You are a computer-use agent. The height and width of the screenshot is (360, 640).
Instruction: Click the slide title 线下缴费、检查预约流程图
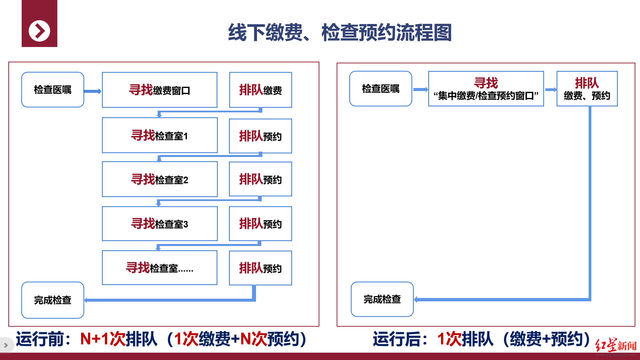click(x=340, y=33)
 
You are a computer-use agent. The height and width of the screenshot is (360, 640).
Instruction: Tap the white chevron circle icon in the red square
click(x=39, y=31)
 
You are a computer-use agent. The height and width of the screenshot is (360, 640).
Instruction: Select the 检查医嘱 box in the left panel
click(x=53, y=90)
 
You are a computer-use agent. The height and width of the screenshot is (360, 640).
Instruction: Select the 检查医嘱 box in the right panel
click(x=381, y=89)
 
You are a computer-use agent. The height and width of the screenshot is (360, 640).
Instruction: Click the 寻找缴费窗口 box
click(x=159, y=90)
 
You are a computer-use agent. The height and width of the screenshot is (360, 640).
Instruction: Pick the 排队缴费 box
click(x=260, y=90)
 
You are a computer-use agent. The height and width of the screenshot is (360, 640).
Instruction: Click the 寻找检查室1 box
click(x=159, y=135)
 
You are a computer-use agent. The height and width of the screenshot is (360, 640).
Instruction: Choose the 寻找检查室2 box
click(x=159, y=179)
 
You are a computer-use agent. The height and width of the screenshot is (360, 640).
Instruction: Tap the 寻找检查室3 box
click(x=159, y=224)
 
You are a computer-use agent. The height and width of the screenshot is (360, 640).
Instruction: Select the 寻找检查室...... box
click(x=159, y=268)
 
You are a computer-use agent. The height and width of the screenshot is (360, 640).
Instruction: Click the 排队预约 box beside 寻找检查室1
click(x=260, y=136)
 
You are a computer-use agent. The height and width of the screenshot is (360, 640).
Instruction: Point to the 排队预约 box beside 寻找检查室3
click(x=260, y=224)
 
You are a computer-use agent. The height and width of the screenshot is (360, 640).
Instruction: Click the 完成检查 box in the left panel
click(x=53, y=300)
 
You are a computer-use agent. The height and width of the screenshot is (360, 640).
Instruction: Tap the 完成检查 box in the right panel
click(x=382, y=299)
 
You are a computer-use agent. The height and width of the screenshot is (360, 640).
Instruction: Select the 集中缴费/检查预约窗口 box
click(x=486, y=89)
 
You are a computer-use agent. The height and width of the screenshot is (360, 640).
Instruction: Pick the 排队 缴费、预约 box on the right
click(x=587, y=89)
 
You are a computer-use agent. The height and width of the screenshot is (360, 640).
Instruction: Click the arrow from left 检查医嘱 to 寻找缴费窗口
click(x=92, y=91)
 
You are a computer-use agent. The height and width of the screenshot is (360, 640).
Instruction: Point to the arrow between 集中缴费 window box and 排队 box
click(x=551, y=90)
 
